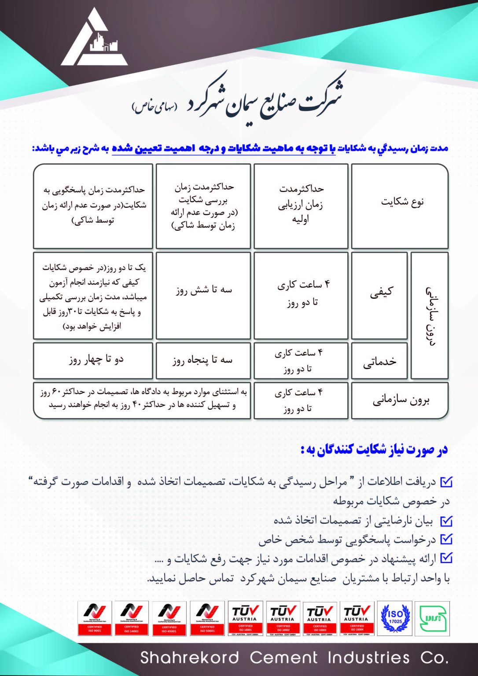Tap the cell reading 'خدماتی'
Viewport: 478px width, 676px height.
pyautogui.click(x=379, y=361)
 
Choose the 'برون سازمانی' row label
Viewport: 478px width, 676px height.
pyautogui.click(x=400, y=400)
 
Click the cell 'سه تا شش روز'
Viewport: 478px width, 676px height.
pyautogui.click(x=203, y=290)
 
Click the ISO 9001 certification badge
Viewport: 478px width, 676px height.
pyautogui.click(x=95, y=618)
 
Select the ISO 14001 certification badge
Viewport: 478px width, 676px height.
pyautogui.click(x=132, y=618)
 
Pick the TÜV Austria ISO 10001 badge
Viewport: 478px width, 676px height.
pyautogui.click(x=246, y=618)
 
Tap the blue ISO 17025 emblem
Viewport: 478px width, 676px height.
pyautogui.click(x=395, y=618)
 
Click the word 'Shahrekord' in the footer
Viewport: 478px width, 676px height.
pyautogui.click(x=189, y=658)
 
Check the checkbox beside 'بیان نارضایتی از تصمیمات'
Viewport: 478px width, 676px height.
pyautogui.click(x=446, y=521)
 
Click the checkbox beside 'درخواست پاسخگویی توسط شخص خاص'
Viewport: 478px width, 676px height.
pyautogui.click(x=446, y=540)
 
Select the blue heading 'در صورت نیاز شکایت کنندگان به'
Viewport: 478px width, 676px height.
pyautogui.click(x=374, y=450)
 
